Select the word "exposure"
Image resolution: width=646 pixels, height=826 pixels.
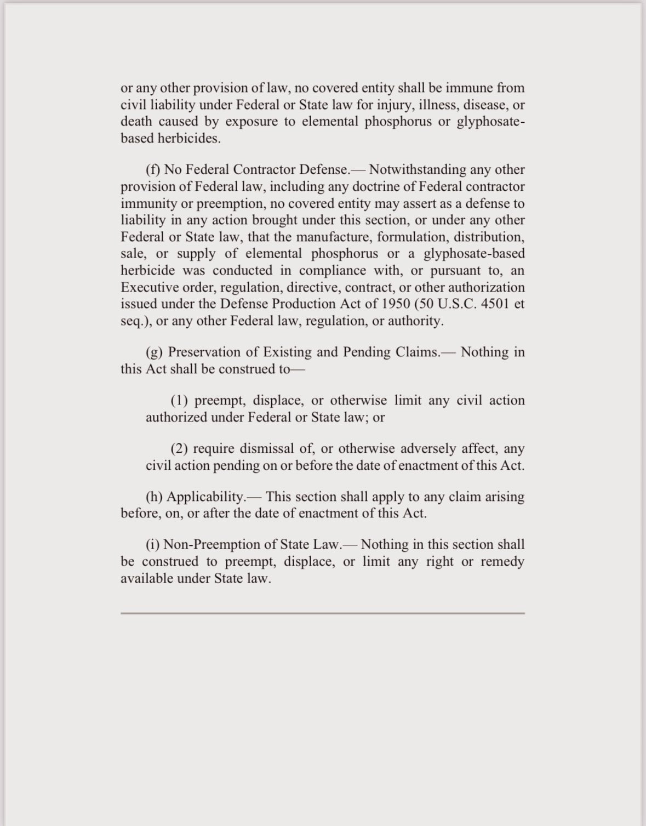(251, 122)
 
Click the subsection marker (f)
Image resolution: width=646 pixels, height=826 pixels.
(153, 169)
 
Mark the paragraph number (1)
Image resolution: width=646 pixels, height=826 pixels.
(180, 401)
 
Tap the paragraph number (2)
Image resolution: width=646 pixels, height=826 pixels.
(180, 449)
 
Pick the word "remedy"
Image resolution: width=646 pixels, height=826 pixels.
(502, 562)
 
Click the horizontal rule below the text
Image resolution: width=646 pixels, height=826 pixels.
(323, 613)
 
